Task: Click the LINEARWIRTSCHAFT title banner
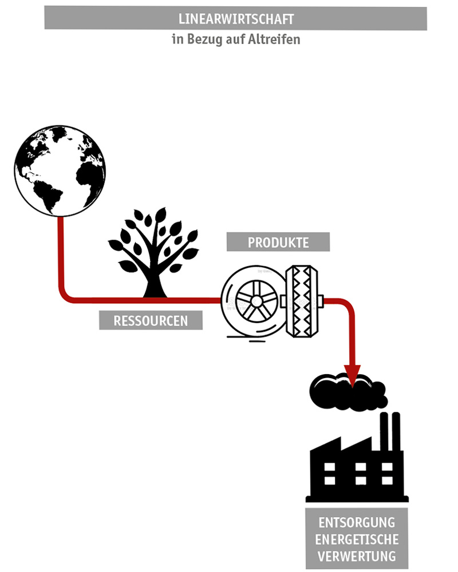point(235,19)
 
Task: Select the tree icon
point(153,252)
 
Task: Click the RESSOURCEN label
point(151,320)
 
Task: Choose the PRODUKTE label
point(278,242)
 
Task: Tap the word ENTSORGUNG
point(357,522)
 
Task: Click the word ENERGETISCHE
point(357,539)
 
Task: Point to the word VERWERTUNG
point(357,555)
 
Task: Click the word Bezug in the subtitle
point(218,40)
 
